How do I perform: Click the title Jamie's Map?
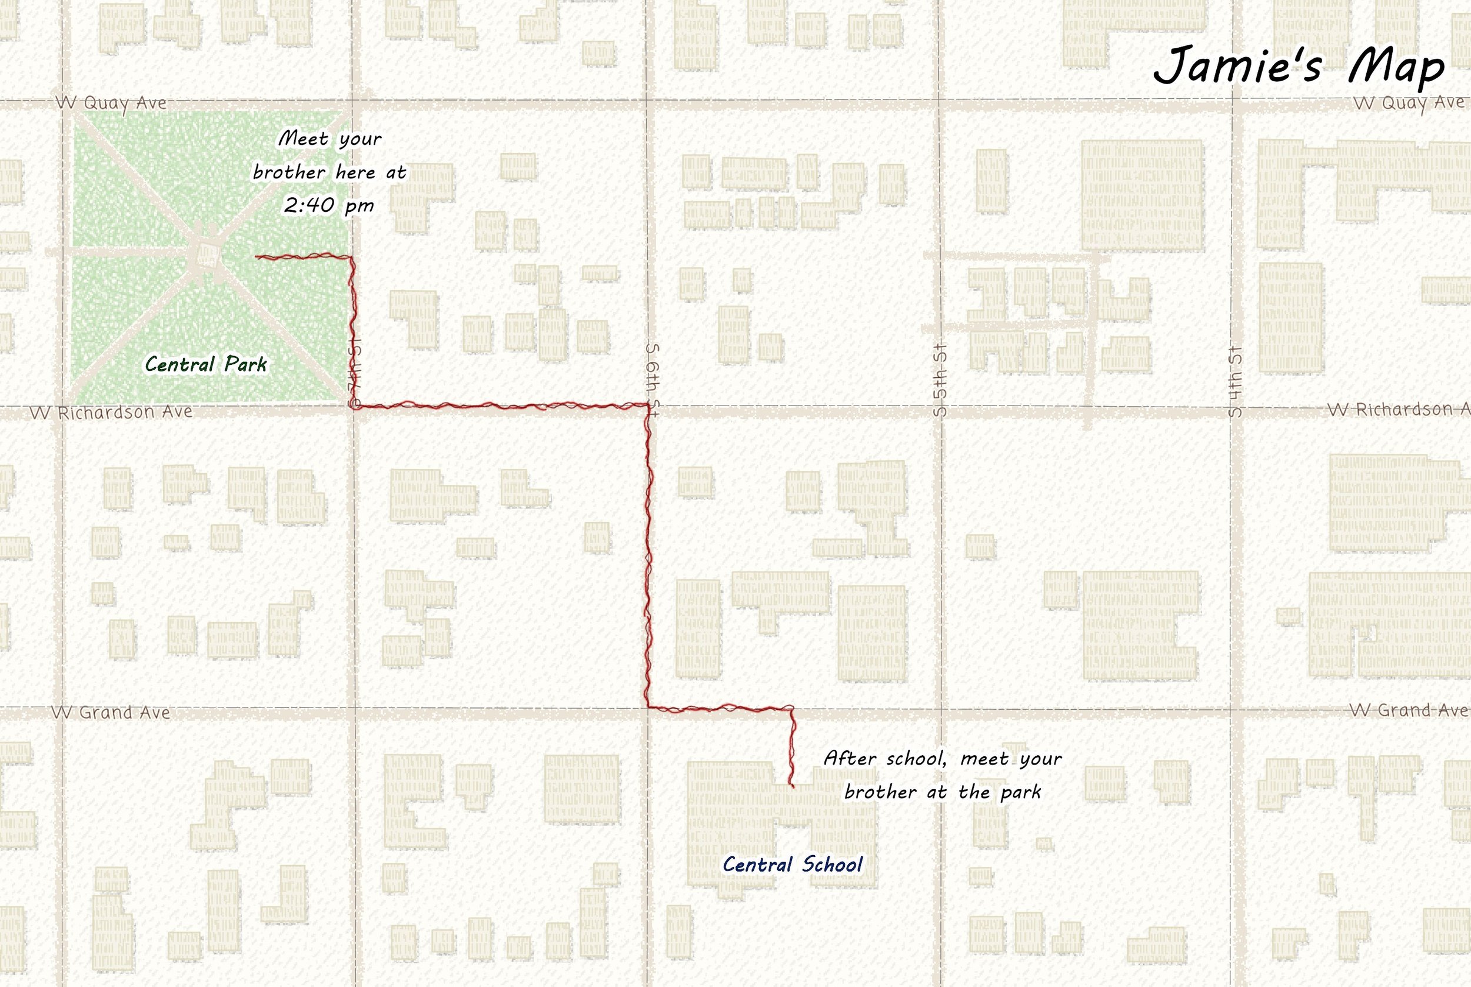click(1299, 65)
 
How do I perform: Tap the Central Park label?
click(206, 364)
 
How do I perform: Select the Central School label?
click(792, 864)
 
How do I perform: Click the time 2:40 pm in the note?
click(328, 205)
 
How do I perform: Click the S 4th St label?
click(1235, 381)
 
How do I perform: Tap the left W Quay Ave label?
click(111, 102)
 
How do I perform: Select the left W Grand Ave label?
click(111, 712)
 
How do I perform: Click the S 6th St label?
click(653, 380)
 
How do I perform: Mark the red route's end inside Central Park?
click(257, 257)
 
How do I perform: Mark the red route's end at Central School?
click(793, 786)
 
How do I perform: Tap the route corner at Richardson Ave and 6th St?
click(648, 406)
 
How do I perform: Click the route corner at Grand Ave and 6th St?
click(648, 707)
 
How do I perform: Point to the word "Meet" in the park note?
click(303, 138)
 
